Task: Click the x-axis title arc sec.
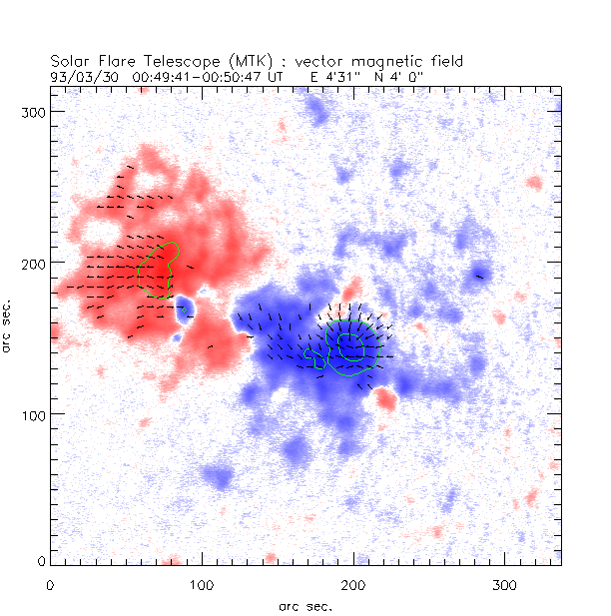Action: click(x=305, y=605)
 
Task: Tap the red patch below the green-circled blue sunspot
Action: click(x=386, y=399)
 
